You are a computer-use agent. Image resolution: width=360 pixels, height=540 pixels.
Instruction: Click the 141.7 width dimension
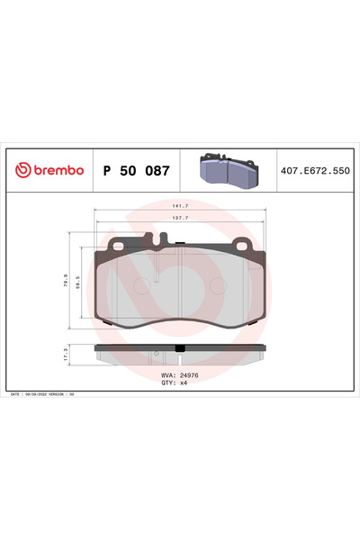[180, 206]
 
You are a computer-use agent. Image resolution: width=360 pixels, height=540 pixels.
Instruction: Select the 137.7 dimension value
[180, 218]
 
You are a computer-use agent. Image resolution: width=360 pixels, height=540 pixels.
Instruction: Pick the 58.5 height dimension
[78, 281]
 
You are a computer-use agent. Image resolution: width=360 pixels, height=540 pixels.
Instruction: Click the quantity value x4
[184, 382]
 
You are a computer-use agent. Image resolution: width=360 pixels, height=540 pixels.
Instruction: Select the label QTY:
[168, 382]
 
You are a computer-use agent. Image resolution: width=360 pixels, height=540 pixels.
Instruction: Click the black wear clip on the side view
[179, 348]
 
